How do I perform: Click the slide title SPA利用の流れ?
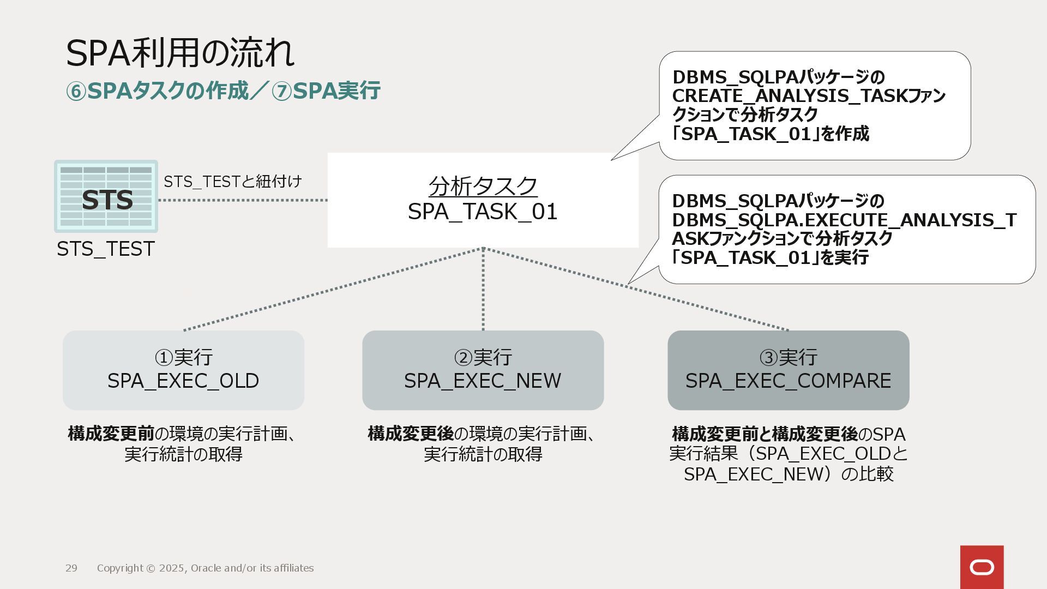[x=180, y=53]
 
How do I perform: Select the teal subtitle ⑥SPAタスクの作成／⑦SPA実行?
[x=222, y=91]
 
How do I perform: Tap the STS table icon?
[x=106, y=197]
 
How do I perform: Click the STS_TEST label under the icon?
[x=106, y=249]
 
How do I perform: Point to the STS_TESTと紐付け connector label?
[x=233, y=182]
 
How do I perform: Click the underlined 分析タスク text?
[x=483, y=187]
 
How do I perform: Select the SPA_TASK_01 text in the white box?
[x=483, y=212]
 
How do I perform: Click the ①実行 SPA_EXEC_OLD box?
[x=183, y=370]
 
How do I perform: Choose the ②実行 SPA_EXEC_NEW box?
[x=483, y=370]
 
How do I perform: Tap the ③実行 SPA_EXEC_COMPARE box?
[x=788, y=370]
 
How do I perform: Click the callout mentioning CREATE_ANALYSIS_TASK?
[x=814, y=105]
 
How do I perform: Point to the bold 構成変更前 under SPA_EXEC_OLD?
[x=111, y=434]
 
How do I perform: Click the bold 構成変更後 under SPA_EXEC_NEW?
[x=411, y=434]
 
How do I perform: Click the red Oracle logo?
[x=982, y=567]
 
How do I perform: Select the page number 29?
[x=71, y=568]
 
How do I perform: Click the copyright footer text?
[x=205, y=568]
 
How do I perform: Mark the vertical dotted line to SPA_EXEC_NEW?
[x=483, y=289]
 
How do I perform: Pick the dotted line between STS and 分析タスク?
[x=243, y=200]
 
